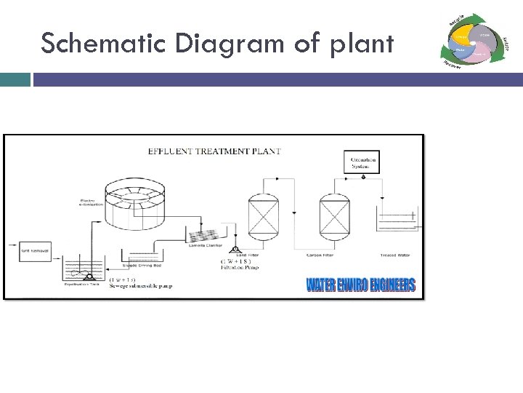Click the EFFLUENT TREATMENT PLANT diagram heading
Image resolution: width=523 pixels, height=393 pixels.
pyautogui.click(x=214, y=151)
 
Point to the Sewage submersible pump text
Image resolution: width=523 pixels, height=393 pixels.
pyautogui.click(x=140, y=286)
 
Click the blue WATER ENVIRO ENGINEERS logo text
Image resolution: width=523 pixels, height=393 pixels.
pyautogui.click(x=360, y=284)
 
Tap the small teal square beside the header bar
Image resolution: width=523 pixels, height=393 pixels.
pyautogui.click(x=15, y=79)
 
